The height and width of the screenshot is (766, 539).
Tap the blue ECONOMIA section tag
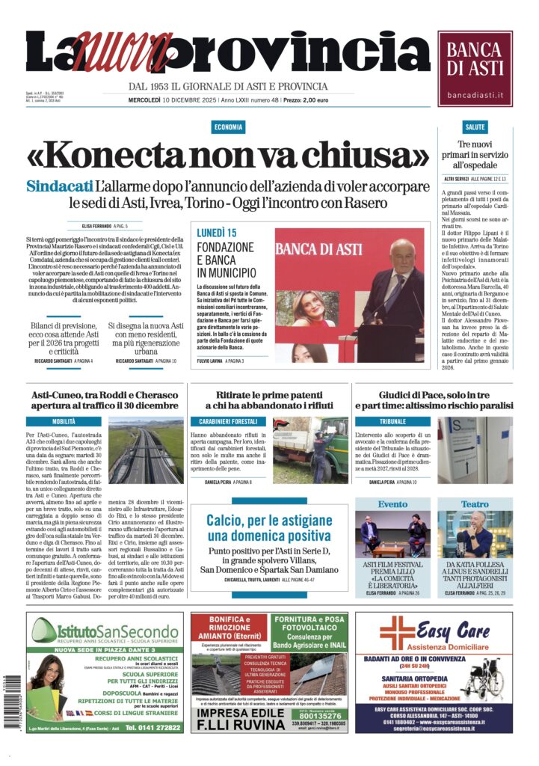(x=227, y=127)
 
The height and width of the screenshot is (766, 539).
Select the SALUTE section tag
(x=475, y=127)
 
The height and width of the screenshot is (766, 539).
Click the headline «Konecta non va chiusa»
(x=227, y=156)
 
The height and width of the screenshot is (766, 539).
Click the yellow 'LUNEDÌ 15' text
(x=217, y=233)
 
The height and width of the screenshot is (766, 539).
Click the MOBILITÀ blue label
(x=64, y=422)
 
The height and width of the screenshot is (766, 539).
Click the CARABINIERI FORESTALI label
(x=227, y=422)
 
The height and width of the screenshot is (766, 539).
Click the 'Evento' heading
(x=393, y=504)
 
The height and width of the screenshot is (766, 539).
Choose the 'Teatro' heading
(x=474, y=504)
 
